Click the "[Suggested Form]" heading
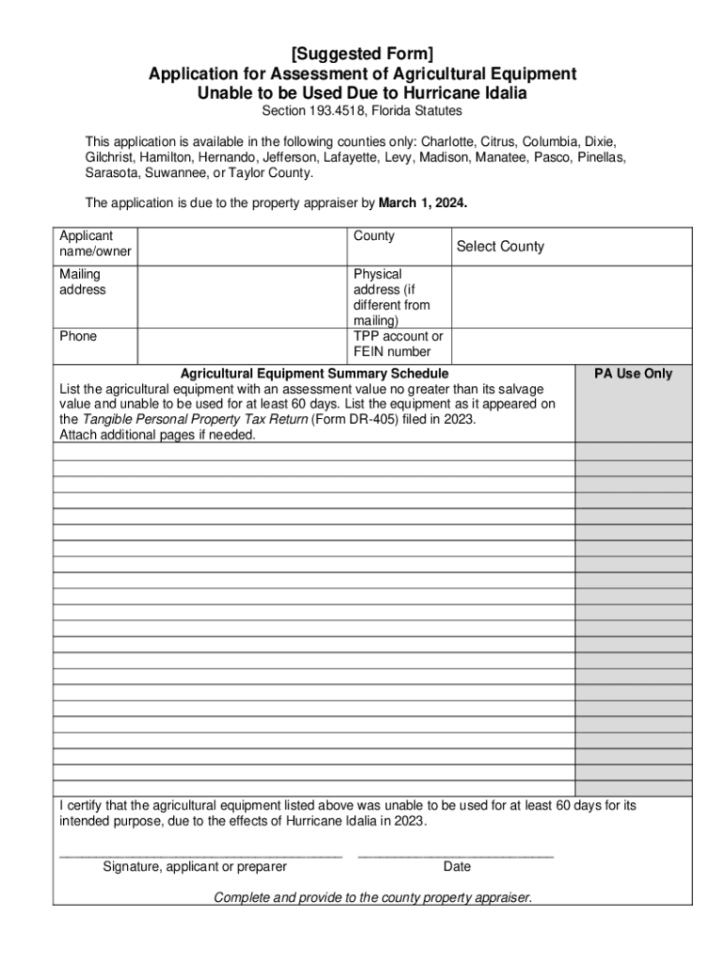(x=362, y=54)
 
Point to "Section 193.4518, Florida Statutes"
(x=362, y=111)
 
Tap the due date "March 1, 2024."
(x=423, y=202)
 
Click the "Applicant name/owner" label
(x=95, y=244)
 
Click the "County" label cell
(x=374, y=236)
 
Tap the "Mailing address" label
(x=83, y=281)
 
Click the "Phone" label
(x=78, y=336)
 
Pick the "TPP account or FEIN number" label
(x=397, y=345)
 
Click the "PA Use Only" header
(x=633, y=374)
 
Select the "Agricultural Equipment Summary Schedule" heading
(x=314, y=374)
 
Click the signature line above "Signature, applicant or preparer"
(x=200, y=855)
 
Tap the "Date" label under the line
(x=457, y=866)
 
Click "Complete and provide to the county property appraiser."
(x=373, y=897)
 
